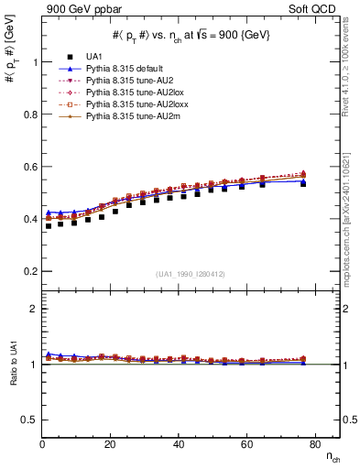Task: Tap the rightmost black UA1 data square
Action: click(303, 183)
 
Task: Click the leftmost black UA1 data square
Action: click(48, 225)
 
